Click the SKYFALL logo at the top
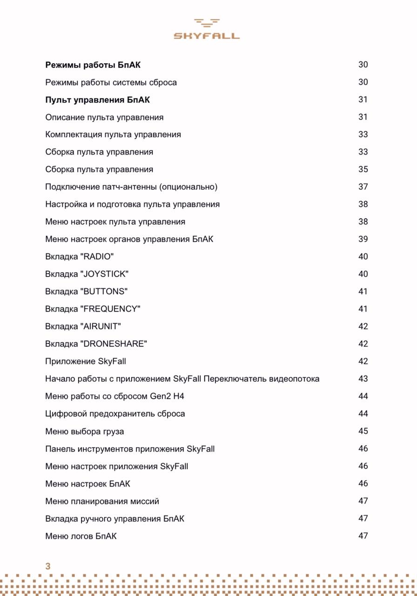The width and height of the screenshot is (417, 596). tap(207, 29)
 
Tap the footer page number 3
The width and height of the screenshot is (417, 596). tap(47, 566)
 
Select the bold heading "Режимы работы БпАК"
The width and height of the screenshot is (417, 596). tap(93, 65)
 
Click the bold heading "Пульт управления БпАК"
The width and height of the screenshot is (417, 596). tap(97, 100)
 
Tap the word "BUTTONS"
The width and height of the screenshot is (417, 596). tap(104, 291)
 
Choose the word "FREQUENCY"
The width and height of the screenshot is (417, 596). tap(110, 309)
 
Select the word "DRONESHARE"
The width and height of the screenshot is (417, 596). tap(114, 344)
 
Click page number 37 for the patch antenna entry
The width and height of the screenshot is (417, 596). tap(363, 187)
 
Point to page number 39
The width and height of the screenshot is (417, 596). tap(363, 239)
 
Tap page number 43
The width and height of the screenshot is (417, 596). tap(363, 379)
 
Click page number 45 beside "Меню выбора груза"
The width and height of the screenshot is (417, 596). tap(363, 431)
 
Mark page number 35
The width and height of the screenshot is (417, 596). tap(363, 169)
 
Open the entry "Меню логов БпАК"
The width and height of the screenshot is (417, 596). tap(81, 536)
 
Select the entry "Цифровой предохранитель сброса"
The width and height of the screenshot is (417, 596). tap(115, 414)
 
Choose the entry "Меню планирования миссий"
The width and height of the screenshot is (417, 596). tap(102, 501)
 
